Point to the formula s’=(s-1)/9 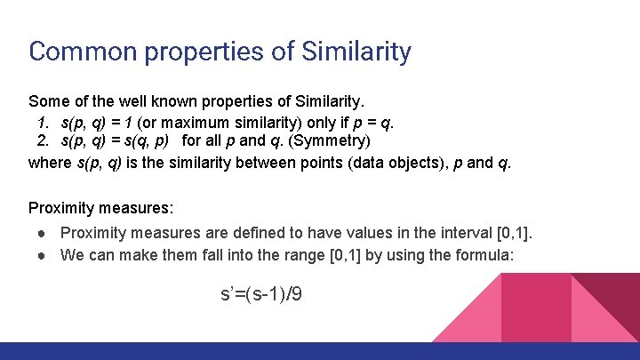click(x=260, y=293)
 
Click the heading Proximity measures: click(x=100, y=209)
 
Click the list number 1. click(x=43, y=120)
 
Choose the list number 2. click(x=43, y=140)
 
